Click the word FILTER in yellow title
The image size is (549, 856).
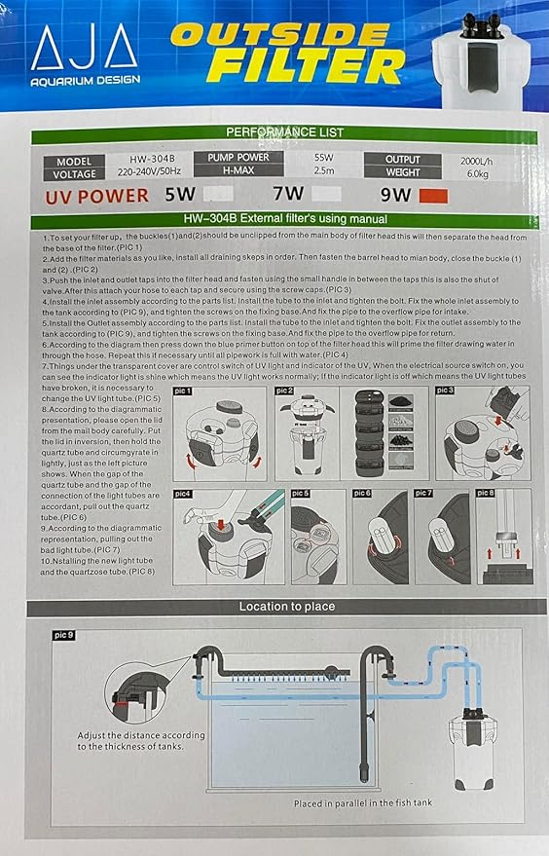click(x=306, y=66)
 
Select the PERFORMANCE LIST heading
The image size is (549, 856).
click(x=283, y=132)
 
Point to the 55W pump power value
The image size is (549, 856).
click(x=323, y=158)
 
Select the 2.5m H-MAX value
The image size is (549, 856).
click(x=324, y=171)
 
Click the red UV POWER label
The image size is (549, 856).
click(x=96, y=196)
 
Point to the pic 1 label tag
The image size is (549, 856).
click(x=184, y=390)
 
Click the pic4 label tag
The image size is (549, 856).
click(x=184, y=493)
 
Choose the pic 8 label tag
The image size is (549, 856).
click(x=485, y=493)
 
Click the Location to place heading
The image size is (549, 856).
click(x=286, y=607)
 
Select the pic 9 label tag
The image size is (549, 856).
click(x=61, y=635)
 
